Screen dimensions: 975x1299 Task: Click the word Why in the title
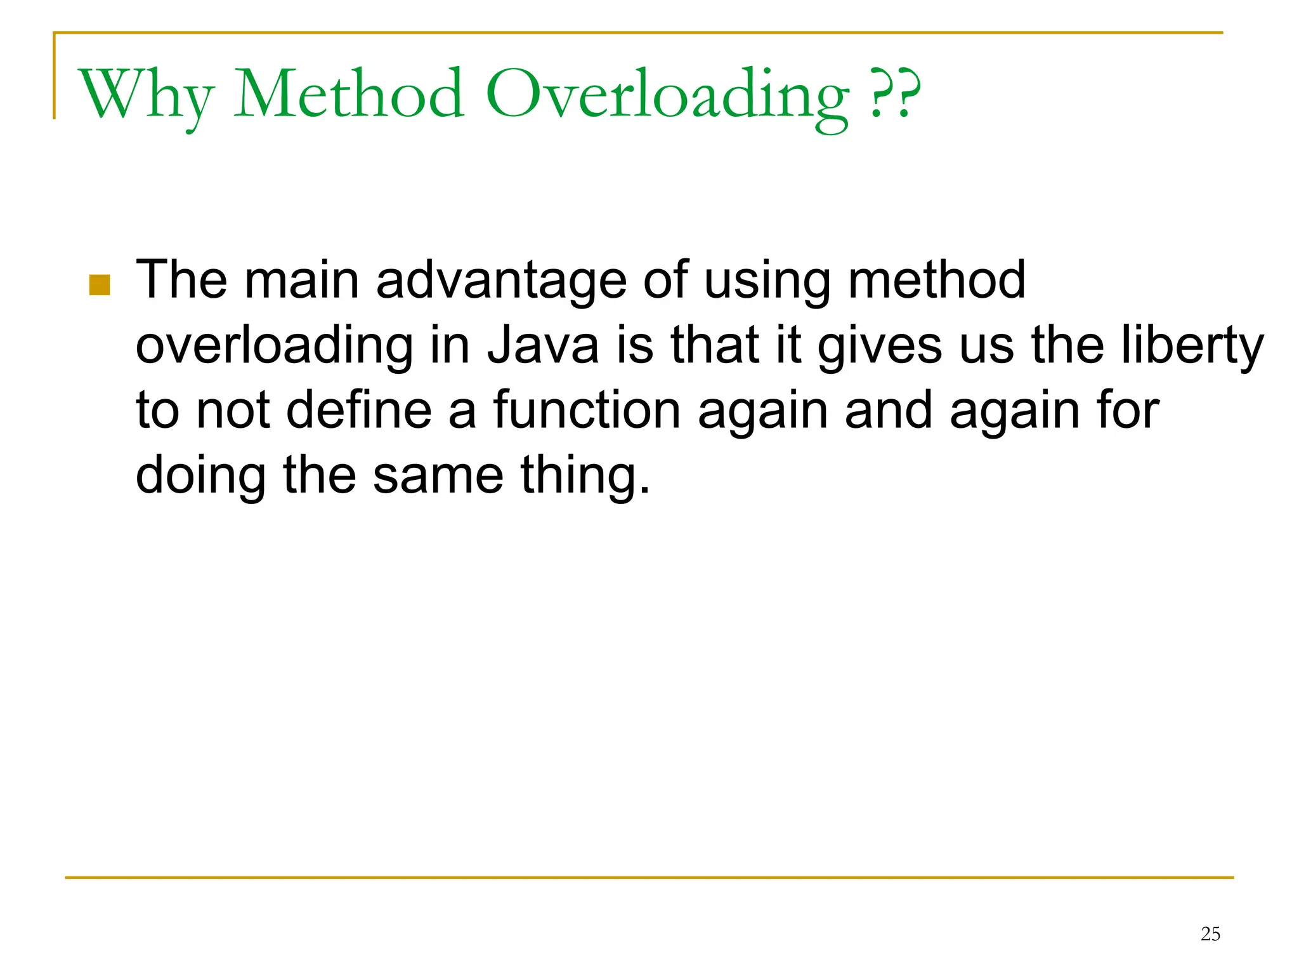coord(145,95)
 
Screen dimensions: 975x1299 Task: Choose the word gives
coord(879,347)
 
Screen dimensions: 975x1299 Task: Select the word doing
coord(200,476)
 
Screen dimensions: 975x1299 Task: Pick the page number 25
coord(1210,934)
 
